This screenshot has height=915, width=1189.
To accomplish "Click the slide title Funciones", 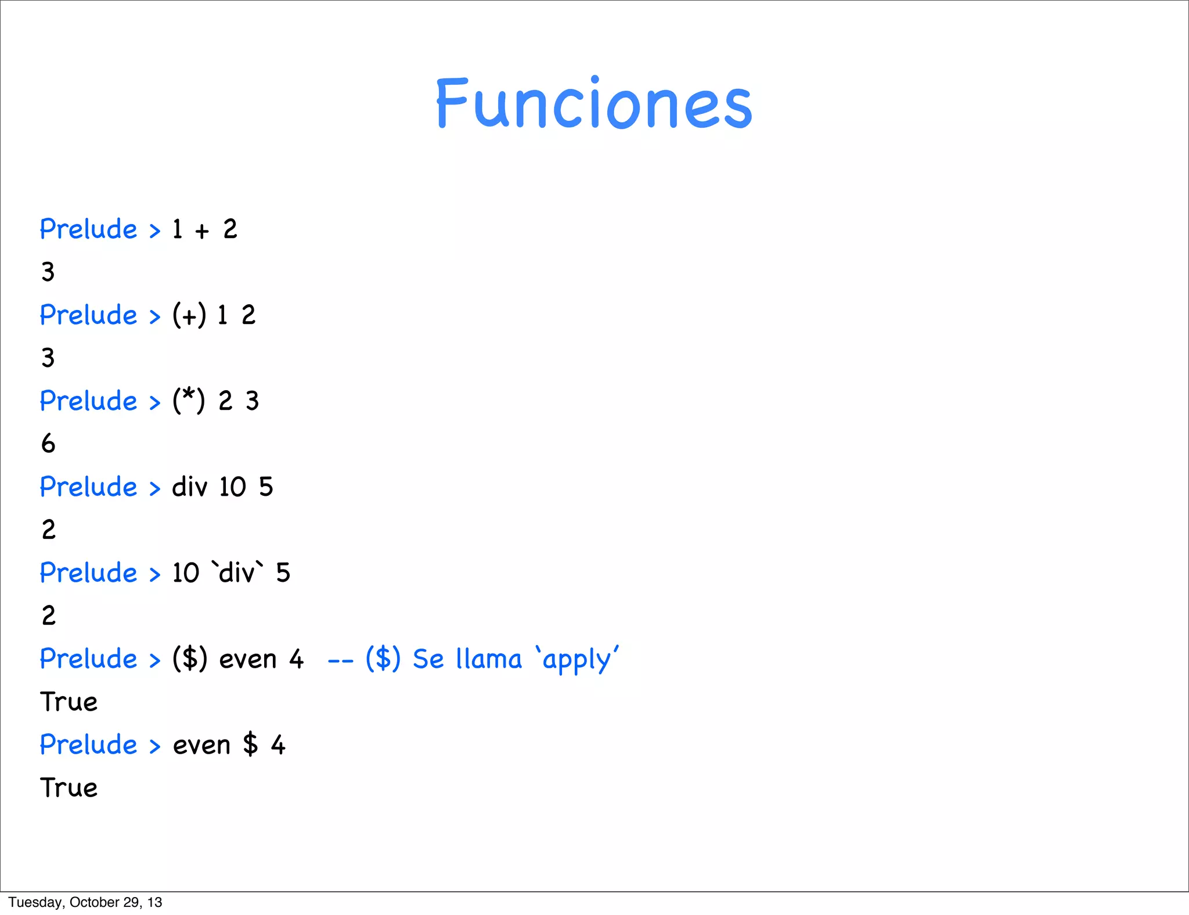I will (x=594, y=103).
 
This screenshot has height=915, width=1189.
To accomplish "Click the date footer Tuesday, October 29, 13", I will (x=85, y=902).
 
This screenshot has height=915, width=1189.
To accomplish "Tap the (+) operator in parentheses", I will (x=189, y=315).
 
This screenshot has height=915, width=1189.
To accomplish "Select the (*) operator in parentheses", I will (x=189, y=401).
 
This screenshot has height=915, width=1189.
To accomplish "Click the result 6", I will (x=48, y=444).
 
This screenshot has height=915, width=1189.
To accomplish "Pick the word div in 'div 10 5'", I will (x=189, y=487).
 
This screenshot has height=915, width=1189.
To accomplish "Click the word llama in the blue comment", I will (x=489, y=659).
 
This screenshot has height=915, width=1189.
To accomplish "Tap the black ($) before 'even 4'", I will (x=190, y=659).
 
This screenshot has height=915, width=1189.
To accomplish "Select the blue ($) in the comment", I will (x=383, y=659).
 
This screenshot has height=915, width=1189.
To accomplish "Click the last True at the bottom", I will (x=69, y=788).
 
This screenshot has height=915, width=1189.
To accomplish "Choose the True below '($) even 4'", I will (x=69, y=702).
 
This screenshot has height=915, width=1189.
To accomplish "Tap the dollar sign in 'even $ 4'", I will (x=250, y=745).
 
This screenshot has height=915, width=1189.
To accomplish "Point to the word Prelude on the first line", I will (x=88, y=229).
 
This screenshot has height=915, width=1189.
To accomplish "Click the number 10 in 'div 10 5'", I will (x=233, y=487).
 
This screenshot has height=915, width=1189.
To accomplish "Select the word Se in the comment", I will (x=428, y=659).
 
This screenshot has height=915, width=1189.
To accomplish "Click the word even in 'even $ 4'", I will (x=201, y=745).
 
